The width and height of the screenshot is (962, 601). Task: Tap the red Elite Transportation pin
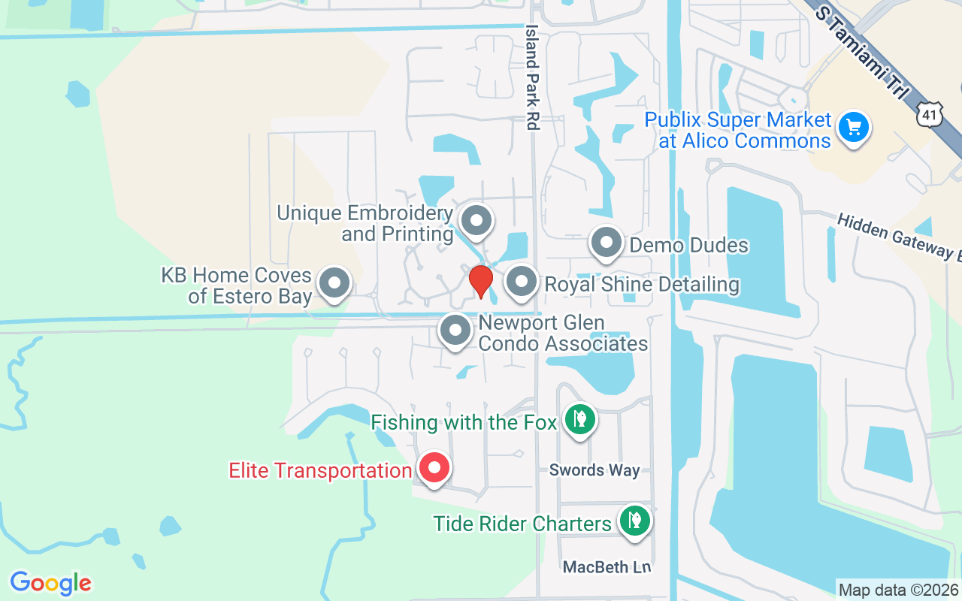pyautogui.click(x=434, y=468)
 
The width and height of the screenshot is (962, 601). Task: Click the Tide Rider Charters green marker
pyautogui.click(x=634, y=520)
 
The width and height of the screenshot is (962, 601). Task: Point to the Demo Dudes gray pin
pyautogui.click(x=606, y=243)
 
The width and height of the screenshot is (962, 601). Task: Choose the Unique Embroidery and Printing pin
pyautogui.click(x=475, y=221)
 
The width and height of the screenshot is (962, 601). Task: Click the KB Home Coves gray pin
pyautogui.click(x=334, y=284)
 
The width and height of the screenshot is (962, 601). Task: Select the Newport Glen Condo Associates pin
pyautogui.click(x=455, y=331)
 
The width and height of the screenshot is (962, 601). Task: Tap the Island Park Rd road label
pyautogui.click(x=533, y=77)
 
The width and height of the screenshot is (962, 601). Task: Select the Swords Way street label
pyautogui.click(x=594, y=470)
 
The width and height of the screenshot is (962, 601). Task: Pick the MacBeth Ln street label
pyautogui.click(x=607, y=567)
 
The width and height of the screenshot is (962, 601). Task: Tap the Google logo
pyautogui.click(x=50, y=583)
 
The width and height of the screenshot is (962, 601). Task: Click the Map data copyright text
pyautogui.click(x=898, y=590)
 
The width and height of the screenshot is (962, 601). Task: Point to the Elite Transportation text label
pyautogui.click(x=320, y=471)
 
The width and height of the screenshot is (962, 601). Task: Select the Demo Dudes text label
pyautogui.click(x=688, y=245)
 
